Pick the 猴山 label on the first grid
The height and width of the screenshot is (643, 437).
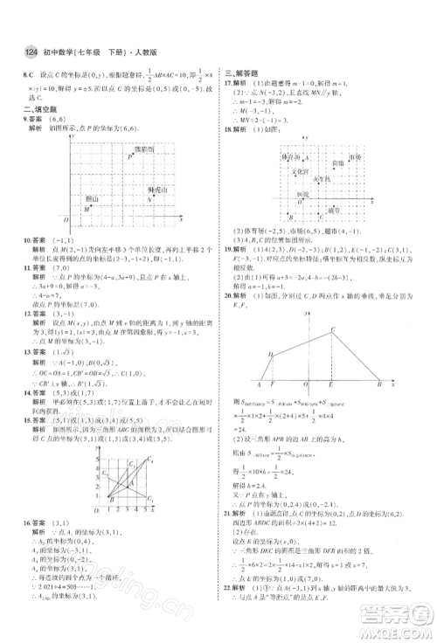click(x=91, y=199)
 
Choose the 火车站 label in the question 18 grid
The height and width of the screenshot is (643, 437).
click(x=323, y=178)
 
